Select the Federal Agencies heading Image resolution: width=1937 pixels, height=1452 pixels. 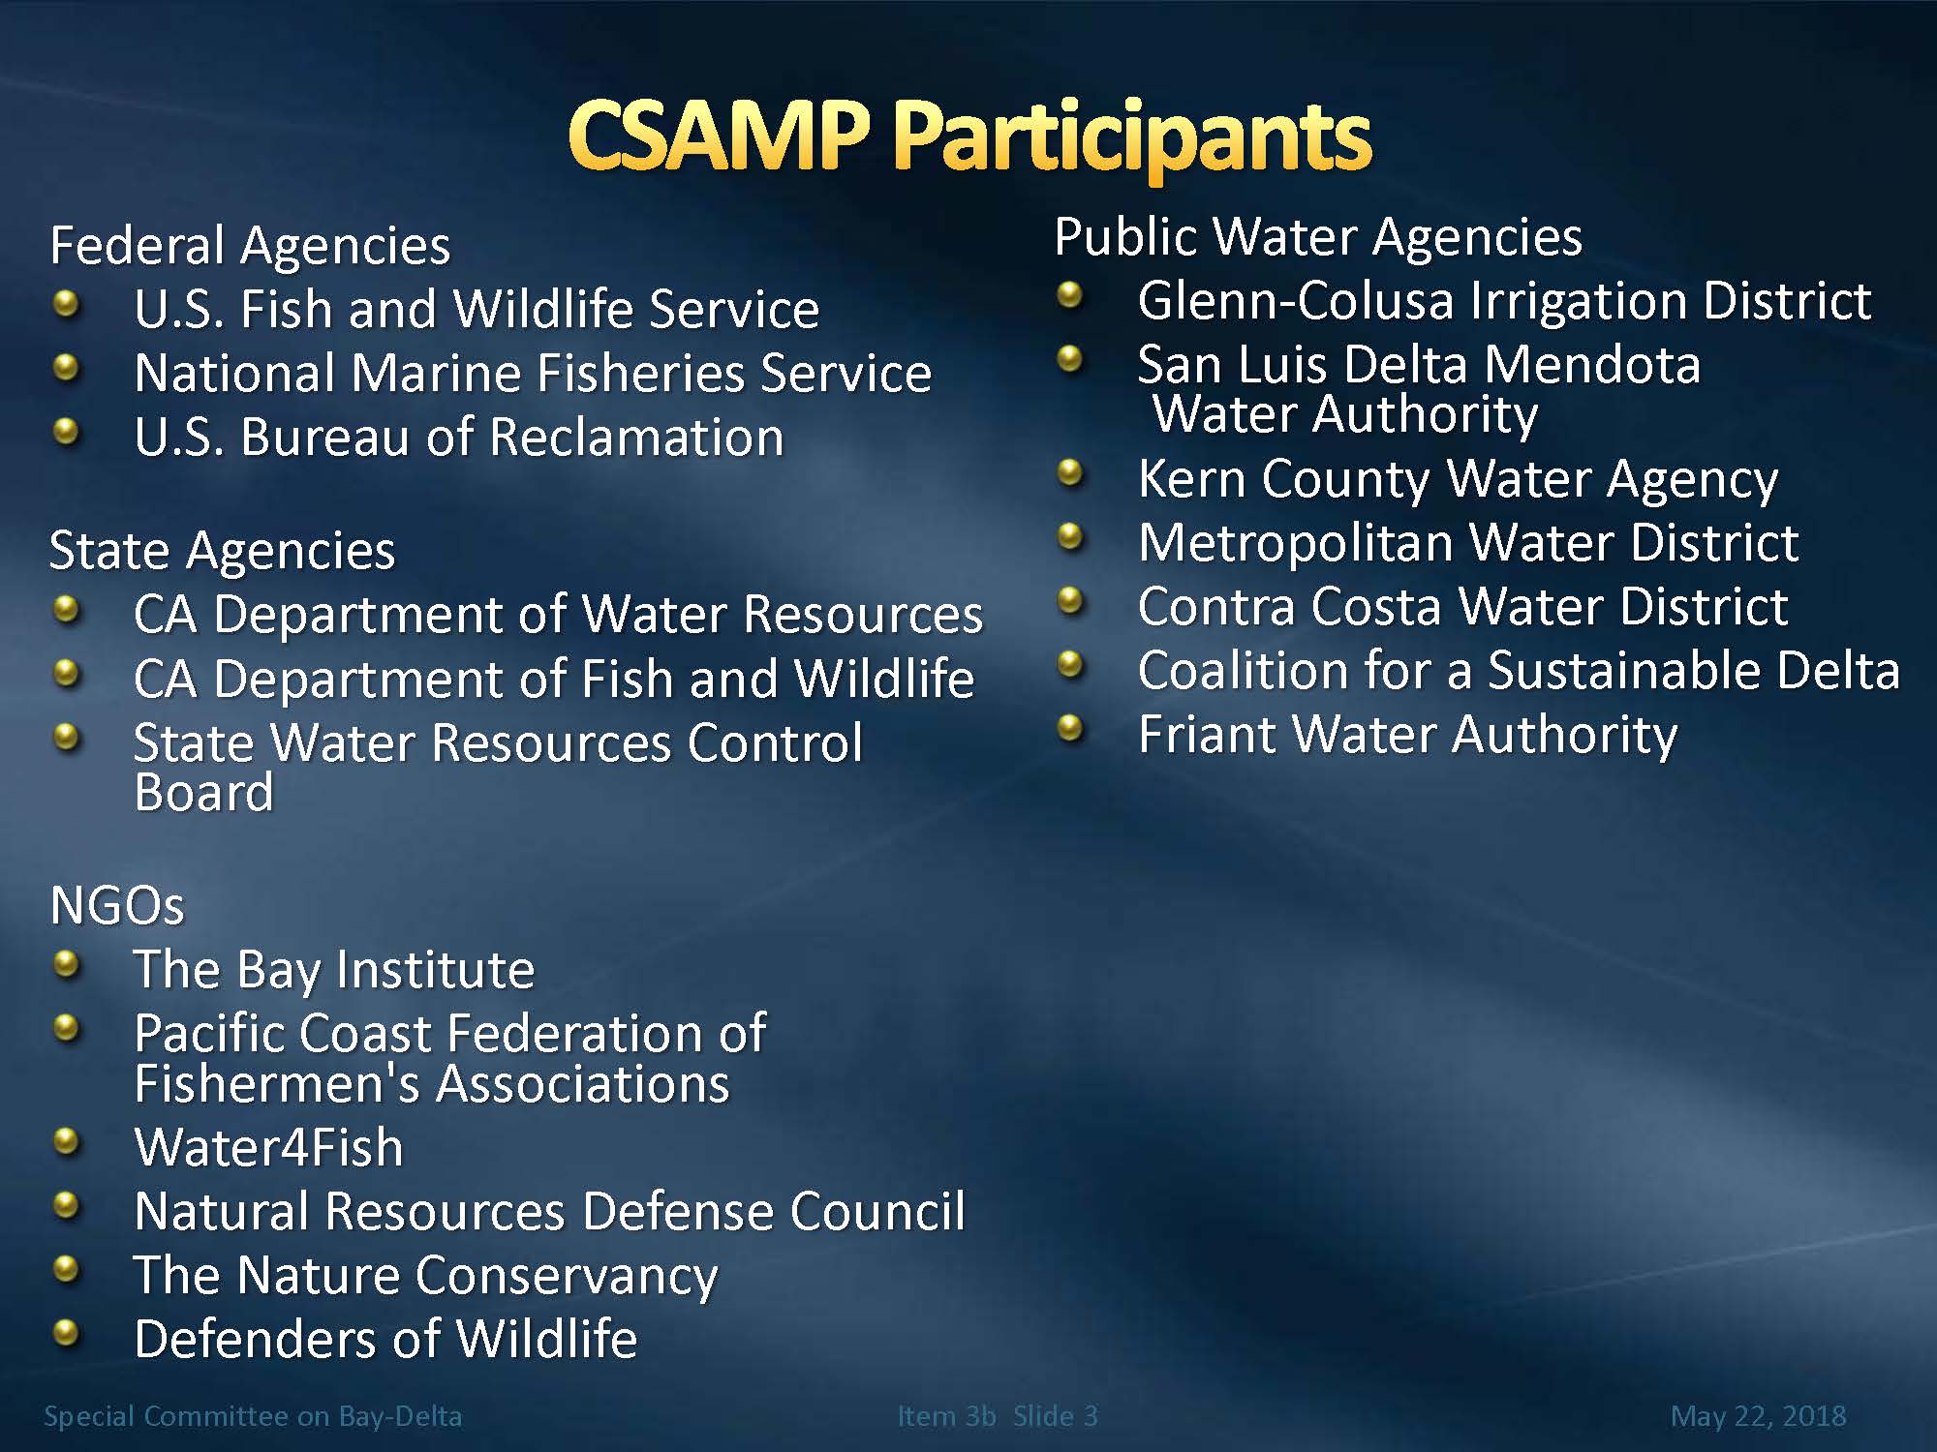250,245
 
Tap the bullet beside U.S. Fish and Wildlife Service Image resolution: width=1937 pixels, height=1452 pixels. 66,305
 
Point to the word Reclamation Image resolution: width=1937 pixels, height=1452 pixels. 637,437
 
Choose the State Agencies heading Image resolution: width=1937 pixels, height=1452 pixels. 222,551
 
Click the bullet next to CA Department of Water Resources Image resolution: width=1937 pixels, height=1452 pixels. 66,611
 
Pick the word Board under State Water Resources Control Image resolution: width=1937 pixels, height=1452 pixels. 204,793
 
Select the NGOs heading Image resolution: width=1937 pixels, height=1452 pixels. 116,906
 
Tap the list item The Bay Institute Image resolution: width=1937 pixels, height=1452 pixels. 334,970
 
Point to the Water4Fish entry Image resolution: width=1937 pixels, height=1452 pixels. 268,1147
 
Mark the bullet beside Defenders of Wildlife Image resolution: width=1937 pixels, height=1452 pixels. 66,1335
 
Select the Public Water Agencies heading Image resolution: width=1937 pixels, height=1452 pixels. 1318,237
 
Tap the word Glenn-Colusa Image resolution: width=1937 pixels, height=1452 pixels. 1296,300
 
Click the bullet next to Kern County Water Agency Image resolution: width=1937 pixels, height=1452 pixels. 1070,473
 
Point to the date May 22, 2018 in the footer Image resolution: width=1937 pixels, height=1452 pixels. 1758,1416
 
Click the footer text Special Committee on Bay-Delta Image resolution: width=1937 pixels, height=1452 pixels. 253,1416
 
